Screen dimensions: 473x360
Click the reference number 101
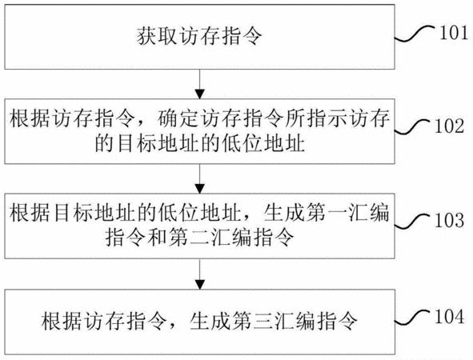pyautogui.click(x=454, y=33)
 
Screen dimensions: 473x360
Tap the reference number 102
pyautogui.click(x=449, y=126)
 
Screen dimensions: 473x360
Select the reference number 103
pyautogui.click(x=449, y=220)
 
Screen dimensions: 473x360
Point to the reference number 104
pyautogui.click(x=449, y=317)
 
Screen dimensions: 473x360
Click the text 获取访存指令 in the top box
pyautogui.click(x=199, y=36)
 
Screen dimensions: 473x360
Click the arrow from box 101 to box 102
pyautogui.click(x=200, y=84)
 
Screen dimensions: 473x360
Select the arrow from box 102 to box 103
pyautogui.click(x=200, y=178)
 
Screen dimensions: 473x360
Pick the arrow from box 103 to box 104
pyautogui.click(x=200, y=274)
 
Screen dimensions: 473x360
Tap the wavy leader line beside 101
pyautogui.click(x=415, y=34)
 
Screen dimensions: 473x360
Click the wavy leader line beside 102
pyautogui.click(x=412, y=127)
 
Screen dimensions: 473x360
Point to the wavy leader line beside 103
pyautogui.click(x=412, y=222)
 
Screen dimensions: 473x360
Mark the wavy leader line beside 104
pyautogui.click(x=412, y=318)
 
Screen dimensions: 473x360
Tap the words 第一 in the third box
pyautogui.click(x=327, y=213)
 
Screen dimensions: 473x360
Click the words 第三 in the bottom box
pyautogui.click(x=253, y=321)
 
